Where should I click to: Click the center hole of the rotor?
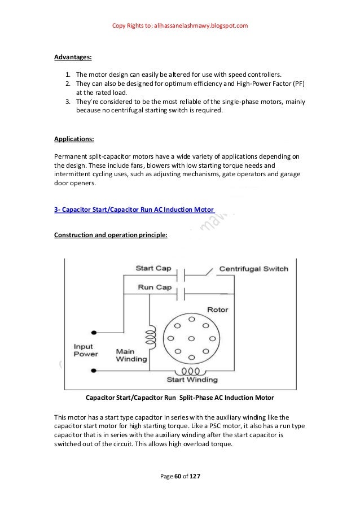coord(191,338)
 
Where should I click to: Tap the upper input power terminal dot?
coord(94,332)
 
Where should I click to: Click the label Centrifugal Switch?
coord(253,269)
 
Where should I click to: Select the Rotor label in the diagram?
coord(217,310)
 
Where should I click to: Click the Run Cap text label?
coord(154,287)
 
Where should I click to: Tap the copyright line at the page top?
coord(180,26)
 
